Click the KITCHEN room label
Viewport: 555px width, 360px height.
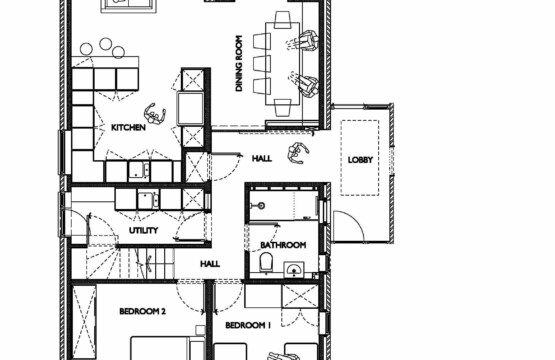(x=128, y=127)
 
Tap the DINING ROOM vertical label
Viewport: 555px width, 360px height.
(x=239, y=63)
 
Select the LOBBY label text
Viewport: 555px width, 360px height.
(x=360, y=160)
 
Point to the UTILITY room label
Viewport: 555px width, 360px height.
(x=143, y=230)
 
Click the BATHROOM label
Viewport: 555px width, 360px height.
(x=283, y=245)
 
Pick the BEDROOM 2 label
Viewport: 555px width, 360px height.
(x=142, y=312)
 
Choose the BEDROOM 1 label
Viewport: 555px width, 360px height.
(x=248, y=325)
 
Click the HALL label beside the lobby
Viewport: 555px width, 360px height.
(x=262, y=158)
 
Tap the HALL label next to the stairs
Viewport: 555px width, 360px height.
(x=210, y=264)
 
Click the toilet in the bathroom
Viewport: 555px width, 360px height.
(x=266, y=262)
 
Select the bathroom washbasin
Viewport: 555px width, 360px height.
(x=294, y=270)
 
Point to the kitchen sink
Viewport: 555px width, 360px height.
(x=139, y=171)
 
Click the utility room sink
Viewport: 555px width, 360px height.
(x=148, y=200)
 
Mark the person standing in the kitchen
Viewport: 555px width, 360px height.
(x=155, y=114)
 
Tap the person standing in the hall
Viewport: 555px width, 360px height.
(x=298, y=153)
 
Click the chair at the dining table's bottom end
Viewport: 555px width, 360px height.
(x=283, y=108)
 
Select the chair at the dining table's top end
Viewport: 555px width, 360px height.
(x=282, y=20)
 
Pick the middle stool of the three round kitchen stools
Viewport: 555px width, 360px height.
(x=105, y=44)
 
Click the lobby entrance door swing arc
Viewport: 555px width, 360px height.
(x=353, y=221)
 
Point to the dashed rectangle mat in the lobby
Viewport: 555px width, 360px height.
(x=360, y=158)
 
